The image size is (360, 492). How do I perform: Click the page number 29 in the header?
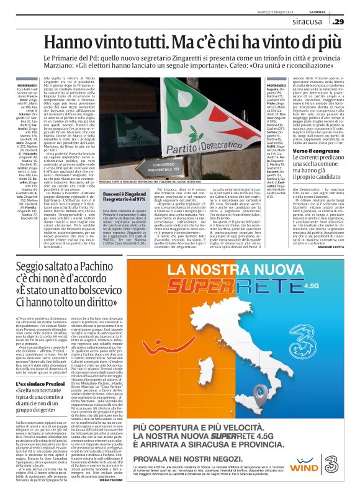[338, 22]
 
